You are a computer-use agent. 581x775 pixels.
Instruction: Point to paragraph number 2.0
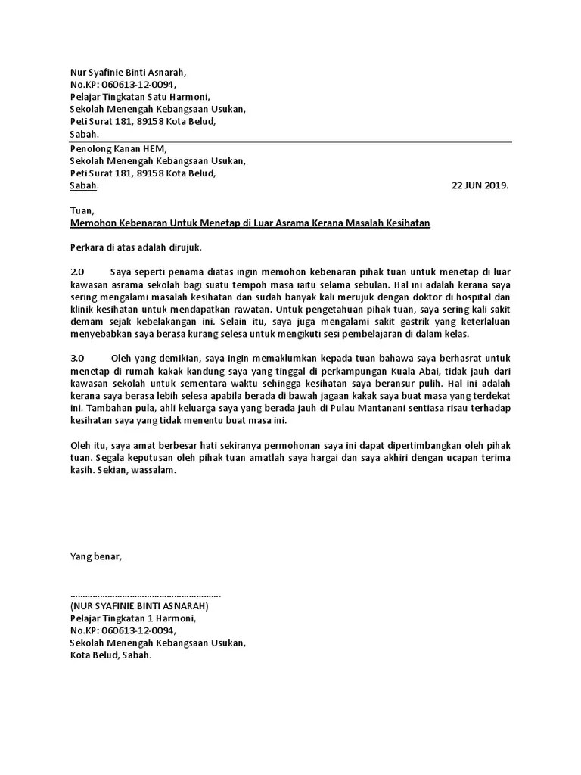click(x=79, y=272)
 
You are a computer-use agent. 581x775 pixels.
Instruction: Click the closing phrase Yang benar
click(x=95, y=557)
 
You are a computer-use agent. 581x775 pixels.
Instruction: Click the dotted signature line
click(x=145, y=594)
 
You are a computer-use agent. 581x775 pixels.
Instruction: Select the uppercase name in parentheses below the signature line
click(x=139, y=606)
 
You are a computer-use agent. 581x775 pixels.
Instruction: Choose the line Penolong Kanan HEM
click(x=118, y=149)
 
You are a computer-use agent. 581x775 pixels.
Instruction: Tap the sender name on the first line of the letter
click(x=127, y=73)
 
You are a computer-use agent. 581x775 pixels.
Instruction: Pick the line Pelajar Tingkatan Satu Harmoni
click(x=140, y=97)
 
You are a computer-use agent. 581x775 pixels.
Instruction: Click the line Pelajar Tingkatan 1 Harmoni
click(x=133, y=618)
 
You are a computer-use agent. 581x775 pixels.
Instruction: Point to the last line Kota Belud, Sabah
click(x=111, y=655)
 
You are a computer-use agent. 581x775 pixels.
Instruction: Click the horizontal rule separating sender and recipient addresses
click(x=291, y=142)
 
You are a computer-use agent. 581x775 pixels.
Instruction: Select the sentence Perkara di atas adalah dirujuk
click(x=136, y=247)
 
